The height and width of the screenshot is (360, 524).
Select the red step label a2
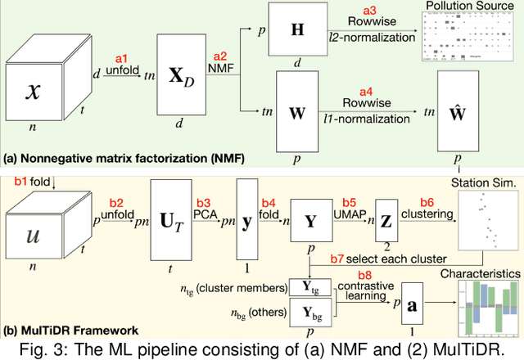tap(220, 56)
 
